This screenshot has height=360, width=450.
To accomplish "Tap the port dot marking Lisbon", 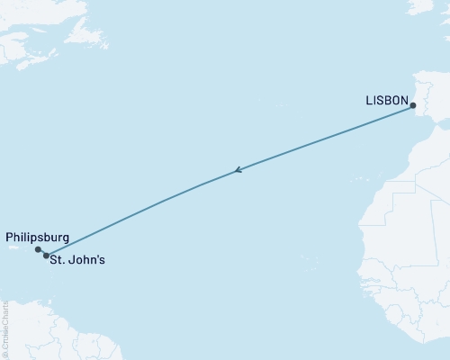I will pos(413,106).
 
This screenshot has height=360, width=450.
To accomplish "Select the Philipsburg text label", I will pos(38,238).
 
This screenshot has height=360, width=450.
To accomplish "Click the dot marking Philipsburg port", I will pos(38,250).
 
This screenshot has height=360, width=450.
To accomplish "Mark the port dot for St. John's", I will pos(46,256).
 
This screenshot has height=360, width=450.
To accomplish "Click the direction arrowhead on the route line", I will pos(238,169).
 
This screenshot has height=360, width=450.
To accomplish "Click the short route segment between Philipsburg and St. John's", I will pos(42,253).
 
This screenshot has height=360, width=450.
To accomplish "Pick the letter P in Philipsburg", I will pos(10,238).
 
